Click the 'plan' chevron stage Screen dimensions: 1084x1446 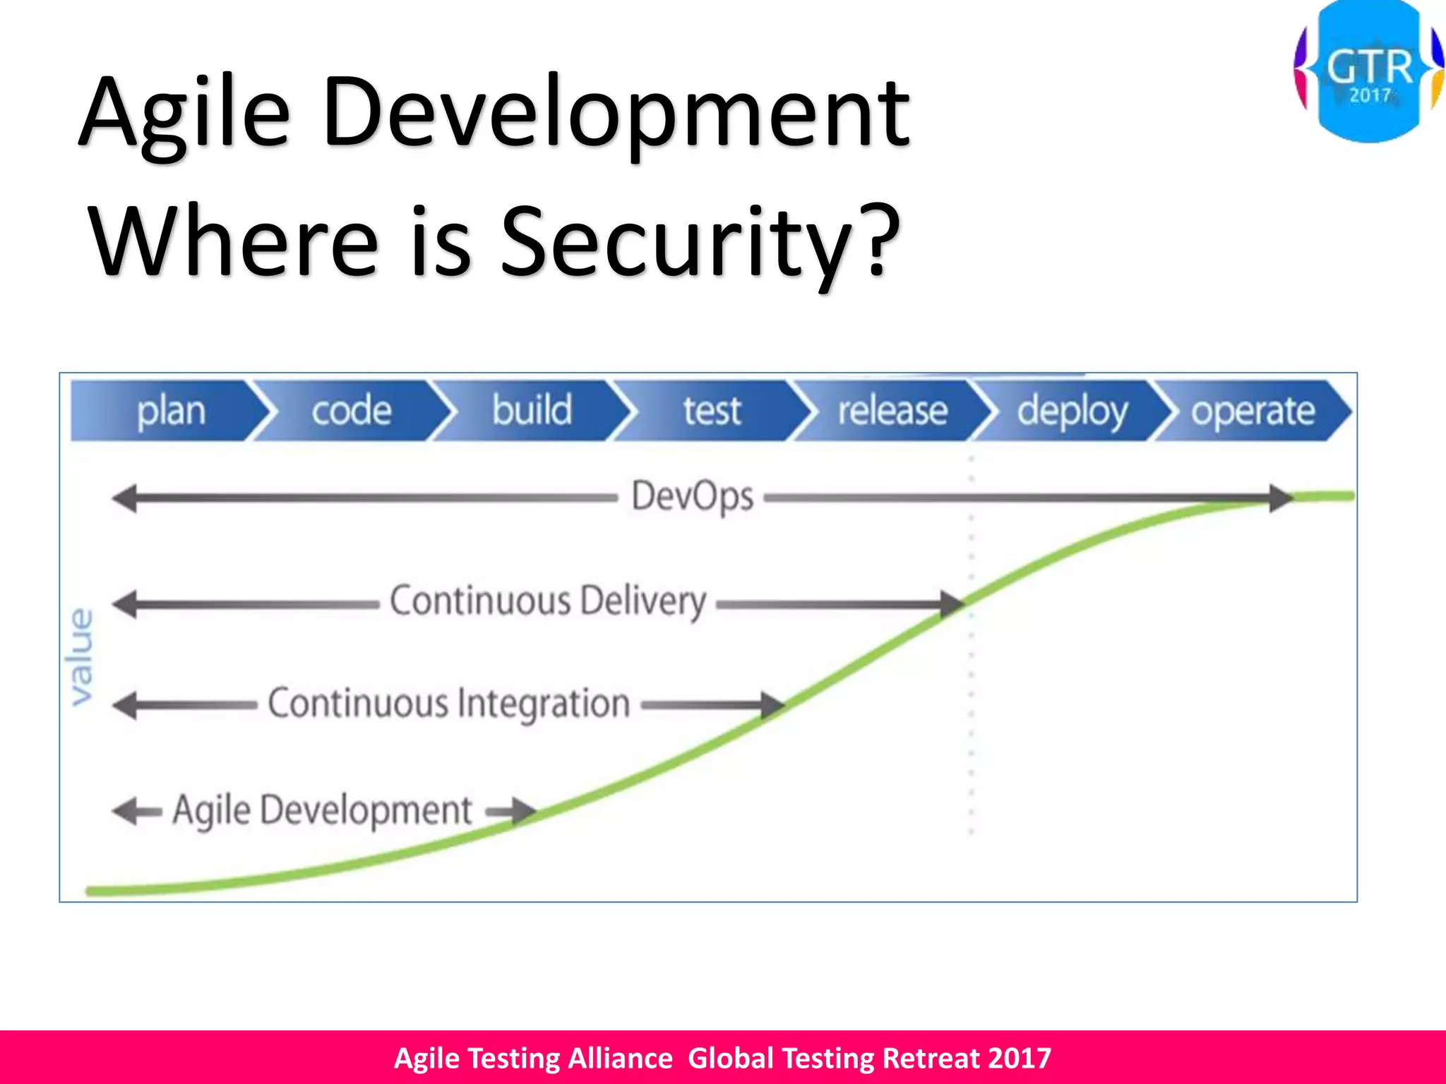tap(169, 411)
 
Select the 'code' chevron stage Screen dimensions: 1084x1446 tap(351, 411)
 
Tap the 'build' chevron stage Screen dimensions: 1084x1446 tap(532, 411)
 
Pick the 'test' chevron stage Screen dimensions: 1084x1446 tap(712, 411)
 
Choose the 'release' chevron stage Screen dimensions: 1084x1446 tap(892, 411)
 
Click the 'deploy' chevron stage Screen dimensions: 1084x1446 tap(1072, 411)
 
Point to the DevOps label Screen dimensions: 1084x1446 tap(692, 497)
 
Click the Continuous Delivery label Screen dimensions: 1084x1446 tap(548, 602)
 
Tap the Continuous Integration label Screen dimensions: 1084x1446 tap(449, 704)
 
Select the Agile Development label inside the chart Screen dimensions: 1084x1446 tap(322, 811)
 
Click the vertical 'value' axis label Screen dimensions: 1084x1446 tap(80, 656)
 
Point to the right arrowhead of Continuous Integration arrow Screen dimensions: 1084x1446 tap(772, 704)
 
